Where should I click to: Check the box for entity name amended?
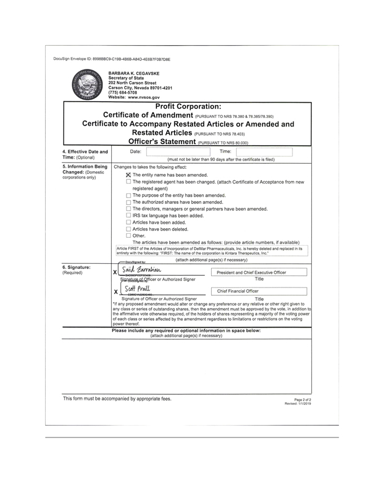point(129,175)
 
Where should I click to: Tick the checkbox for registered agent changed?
point(129,182)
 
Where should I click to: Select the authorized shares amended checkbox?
point(129,202)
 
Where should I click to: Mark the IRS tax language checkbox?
point(129,215)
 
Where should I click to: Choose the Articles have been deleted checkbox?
point(129,229)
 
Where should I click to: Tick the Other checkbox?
point(129,236)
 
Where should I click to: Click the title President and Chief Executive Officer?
point(259,272)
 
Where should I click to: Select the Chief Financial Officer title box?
point(259,291)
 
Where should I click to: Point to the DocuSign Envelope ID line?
point(112,59)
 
